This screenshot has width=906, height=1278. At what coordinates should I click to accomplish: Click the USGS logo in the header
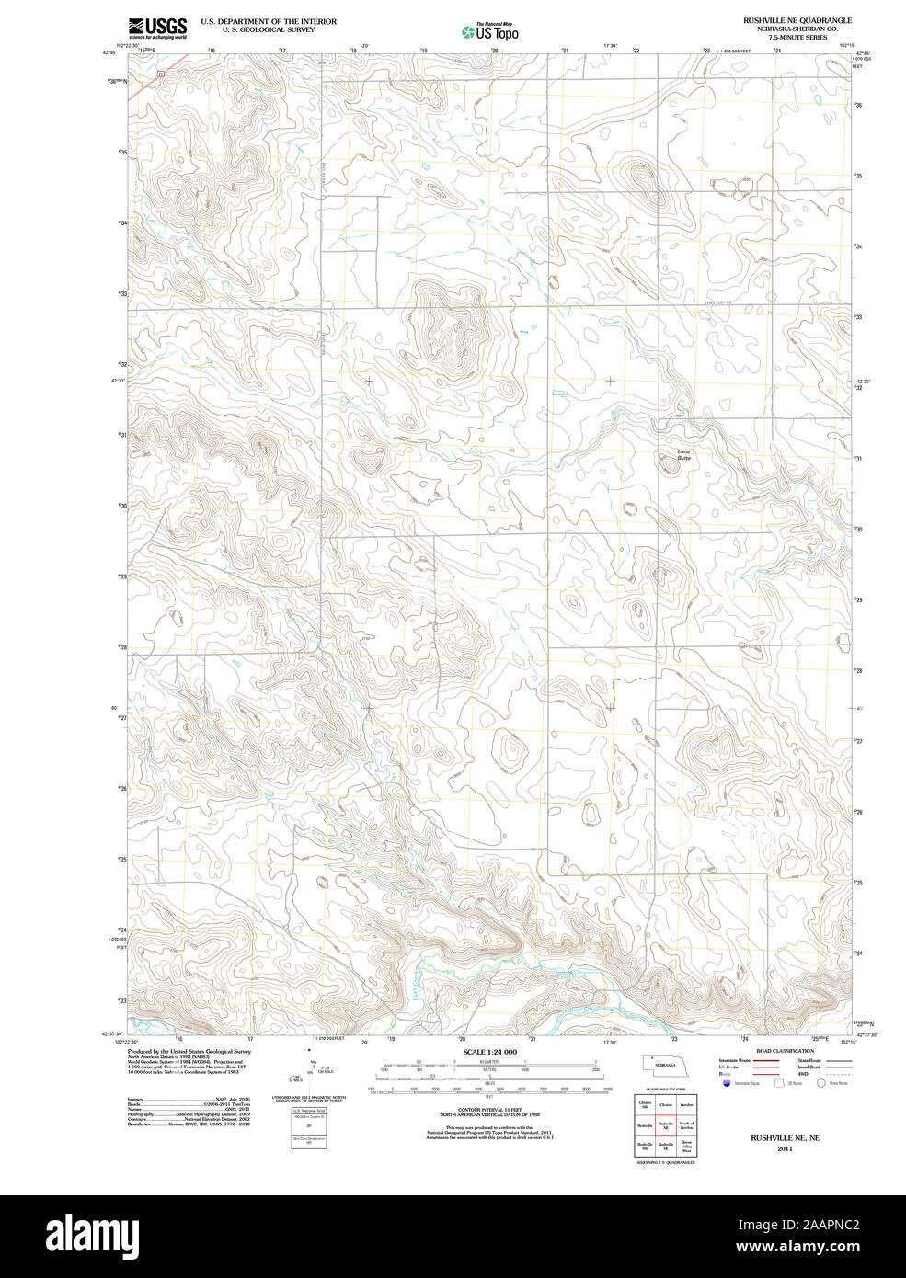pyautogui.click(x=157, y=28)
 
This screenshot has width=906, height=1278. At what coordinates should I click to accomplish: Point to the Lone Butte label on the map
pyautogui.click(x=683, y=454)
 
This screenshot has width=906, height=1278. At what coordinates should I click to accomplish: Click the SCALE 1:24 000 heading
pyautogui.click(x=489, y=1052)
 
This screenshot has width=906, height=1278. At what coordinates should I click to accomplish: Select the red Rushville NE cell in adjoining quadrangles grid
pyautogui.click(x=666, y=1124)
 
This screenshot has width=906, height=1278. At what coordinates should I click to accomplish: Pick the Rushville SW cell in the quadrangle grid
pyautogui.click(x=645, y=1147)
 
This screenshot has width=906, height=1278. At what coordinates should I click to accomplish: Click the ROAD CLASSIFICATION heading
pyautogui.click(x=784, y=1051)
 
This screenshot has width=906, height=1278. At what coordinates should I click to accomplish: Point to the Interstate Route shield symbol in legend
pyautogui.click(x=728, y=1083)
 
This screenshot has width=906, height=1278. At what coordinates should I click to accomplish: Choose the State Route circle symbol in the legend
pyautogui.click(x=821, y=1083)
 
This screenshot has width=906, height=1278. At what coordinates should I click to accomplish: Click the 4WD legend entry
pyautogui.click(x=803, y=1073)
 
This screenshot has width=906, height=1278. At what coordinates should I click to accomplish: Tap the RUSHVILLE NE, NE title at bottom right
pyautogui.click(x=784, y=1137)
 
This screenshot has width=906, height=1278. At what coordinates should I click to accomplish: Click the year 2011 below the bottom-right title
pyautogui.click(x=784, y=1148)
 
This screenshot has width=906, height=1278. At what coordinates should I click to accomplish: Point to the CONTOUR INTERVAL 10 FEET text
pyautogui.click(x=489, y=1111)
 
